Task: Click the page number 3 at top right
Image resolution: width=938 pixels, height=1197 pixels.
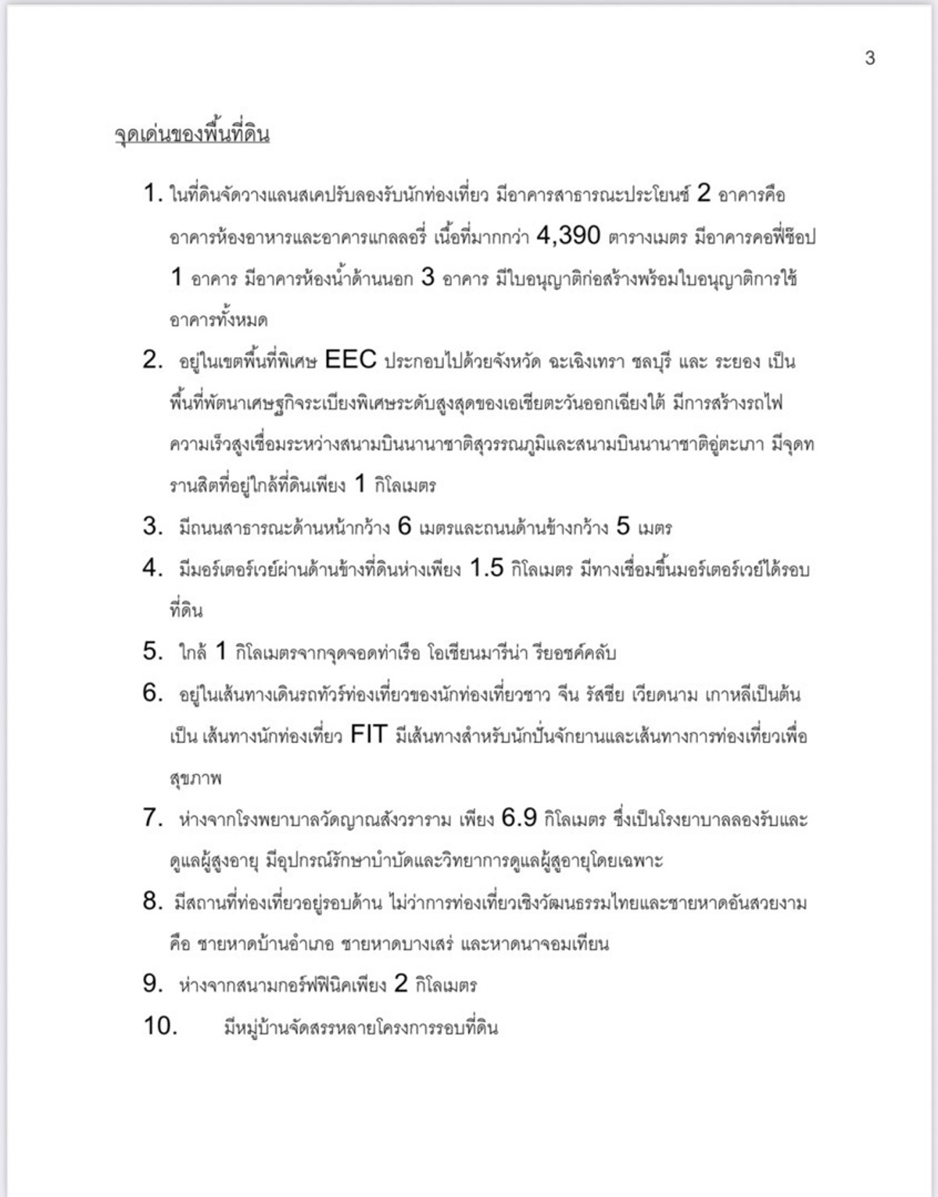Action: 869,59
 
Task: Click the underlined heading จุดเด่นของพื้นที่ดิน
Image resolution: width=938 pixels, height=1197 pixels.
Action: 192,134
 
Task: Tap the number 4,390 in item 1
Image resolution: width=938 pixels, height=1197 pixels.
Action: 568,236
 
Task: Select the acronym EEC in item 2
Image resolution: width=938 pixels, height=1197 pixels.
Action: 350,360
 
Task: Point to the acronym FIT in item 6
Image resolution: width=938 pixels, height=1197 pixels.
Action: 369,735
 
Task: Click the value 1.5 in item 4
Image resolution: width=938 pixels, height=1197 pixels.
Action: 486,569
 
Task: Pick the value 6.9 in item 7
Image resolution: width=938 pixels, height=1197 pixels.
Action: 519,819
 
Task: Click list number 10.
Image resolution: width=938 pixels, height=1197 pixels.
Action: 160,1026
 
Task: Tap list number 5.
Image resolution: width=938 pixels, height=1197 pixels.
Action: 152,651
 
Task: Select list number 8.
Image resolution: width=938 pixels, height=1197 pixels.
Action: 152,902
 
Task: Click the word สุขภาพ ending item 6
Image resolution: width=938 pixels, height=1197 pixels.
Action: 195,778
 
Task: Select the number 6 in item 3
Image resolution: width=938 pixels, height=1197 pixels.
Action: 404,527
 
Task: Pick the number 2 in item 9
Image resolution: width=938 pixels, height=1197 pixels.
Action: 401,984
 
